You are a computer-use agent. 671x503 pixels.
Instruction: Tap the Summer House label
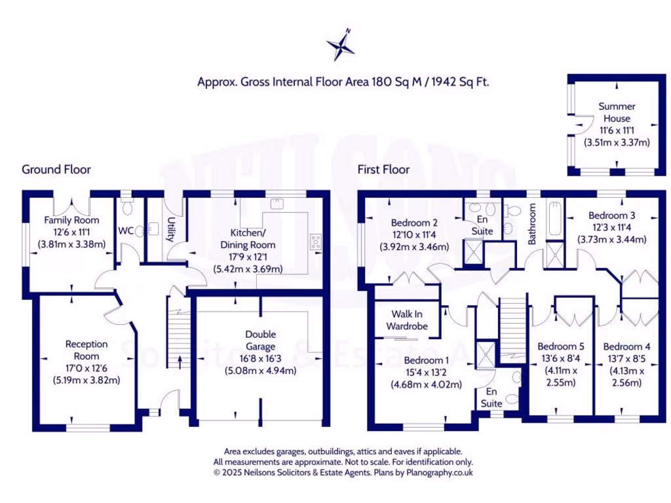point(617,112)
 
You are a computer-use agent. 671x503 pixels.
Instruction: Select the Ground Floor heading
point(56,170)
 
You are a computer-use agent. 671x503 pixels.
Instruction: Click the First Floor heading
point(383,170)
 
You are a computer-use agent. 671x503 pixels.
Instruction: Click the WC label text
point(126,231)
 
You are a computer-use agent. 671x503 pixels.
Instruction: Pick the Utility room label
point(170,230)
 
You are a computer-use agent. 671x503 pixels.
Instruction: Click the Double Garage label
point(260,340)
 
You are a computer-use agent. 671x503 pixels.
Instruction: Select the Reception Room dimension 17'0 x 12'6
point(86,367)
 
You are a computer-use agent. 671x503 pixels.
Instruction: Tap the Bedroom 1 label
point(427,360)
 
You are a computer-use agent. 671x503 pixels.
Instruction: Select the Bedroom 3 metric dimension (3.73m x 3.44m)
point(611,239)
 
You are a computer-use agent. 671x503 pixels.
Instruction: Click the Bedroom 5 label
point(560,346)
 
